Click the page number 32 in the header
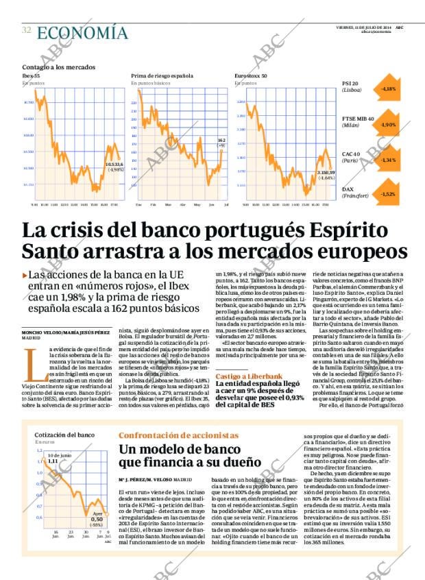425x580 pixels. click(26, 30)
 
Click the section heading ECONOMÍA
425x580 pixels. click(82, 32)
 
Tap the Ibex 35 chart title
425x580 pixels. click(32, 75)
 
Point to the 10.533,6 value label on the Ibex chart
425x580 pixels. click(114, 164)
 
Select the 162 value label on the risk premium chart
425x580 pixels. click(221, 139)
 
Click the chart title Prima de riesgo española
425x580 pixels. click(162, 75)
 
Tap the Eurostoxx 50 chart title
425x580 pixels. click(250, 75)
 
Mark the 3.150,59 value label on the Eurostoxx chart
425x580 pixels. click(326, 172)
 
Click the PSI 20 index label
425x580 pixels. click(350, 84)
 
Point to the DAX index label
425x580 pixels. click(348, 189)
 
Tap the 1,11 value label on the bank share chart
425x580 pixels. click(53, 461)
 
